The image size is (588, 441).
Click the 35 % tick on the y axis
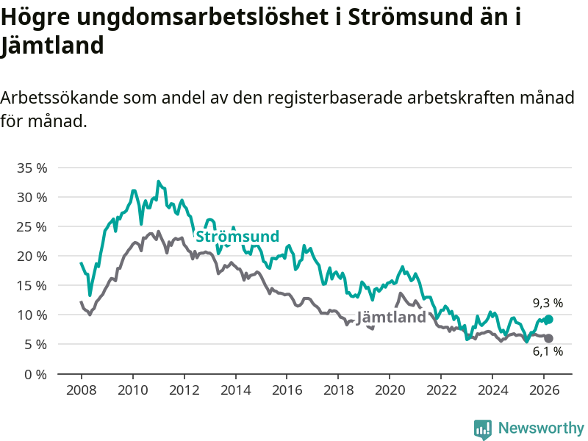click(x=32, y=168)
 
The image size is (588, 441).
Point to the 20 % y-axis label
click(x=32, y=256)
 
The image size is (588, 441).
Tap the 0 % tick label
click(x=36, y=373)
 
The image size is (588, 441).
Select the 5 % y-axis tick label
click(x=36, y=344)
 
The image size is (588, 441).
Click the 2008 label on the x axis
click(x=81, y=390)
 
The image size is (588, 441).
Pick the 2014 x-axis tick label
click(x=235, y=390)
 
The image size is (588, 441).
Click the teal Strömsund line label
click(x=237, y=237)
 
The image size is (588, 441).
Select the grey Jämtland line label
click(x=391, y=318)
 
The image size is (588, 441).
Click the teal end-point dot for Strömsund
click(x=548, y=320)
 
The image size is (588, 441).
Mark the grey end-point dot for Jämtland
click(x=548, y=338)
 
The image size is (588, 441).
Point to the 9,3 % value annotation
click(x=548, y=303)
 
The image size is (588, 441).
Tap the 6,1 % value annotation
click(x=548, y=351)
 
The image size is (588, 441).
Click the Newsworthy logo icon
click(x=483, y=429)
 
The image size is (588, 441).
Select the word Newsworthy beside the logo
click(x=541, y=428)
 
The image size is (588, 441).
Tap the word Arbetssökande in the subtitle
click(x=59, y=98)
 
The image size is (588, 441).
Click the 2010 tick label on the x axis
click(x=132, y=390)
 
